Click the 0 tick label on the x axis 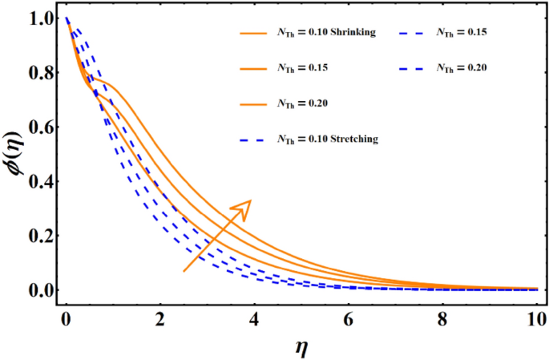[66, 318]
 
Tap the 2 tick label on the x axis [160, 318]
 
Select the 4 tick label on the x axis [255, 318]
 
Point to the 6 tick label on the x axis [349, 318]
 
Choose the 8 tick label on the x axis [443, 318]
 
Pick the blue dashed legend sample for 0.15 [413, 33]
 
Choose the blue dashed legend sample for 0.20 [413, 68]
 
